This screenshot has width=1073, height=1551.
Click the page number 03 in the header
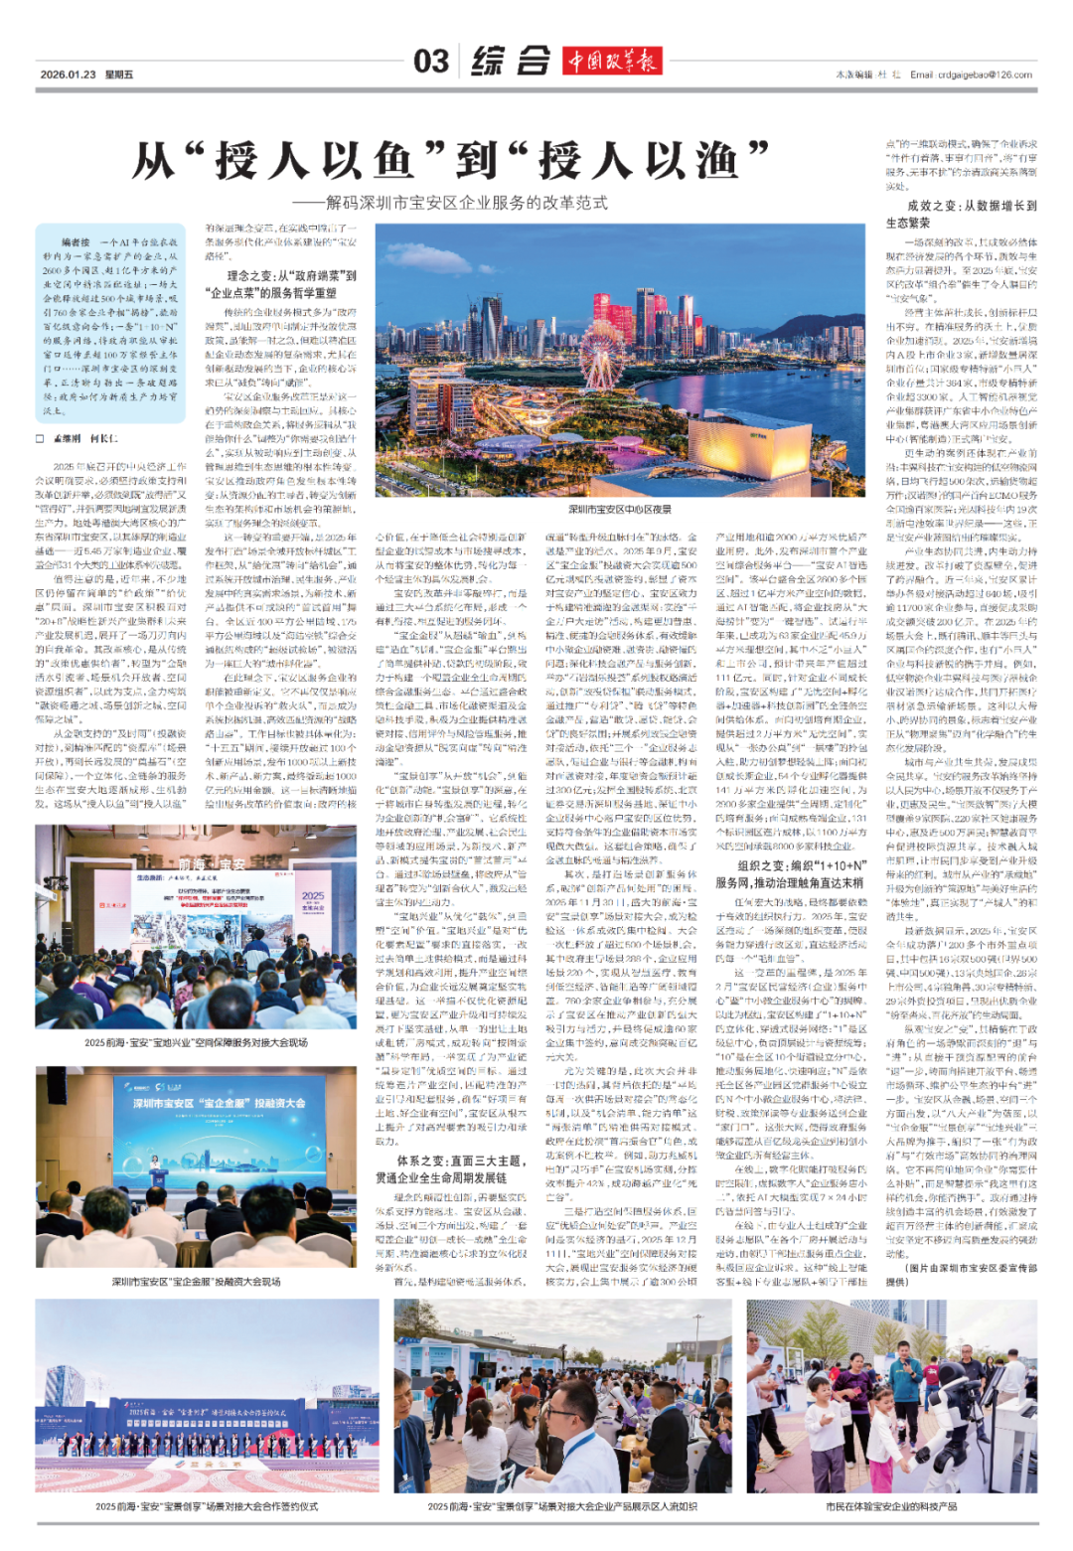[431, 62]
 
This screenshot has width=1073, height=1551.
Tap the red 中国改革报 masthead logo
[612, 62]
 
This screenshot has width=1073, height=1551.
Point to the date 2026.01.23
[68, 75]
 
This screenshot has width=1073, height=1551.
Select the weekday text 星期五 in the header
[119, 75]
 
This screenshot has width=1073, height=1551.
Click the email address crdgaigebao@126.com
[971, 75]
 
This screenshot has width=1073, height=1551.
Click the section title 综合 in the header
[511, 62]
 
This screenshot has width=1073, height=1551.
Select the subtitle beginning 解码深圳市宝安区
[467, 203]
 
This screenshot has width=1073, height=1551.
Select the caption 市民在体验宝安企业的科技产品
[891, 1506]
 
